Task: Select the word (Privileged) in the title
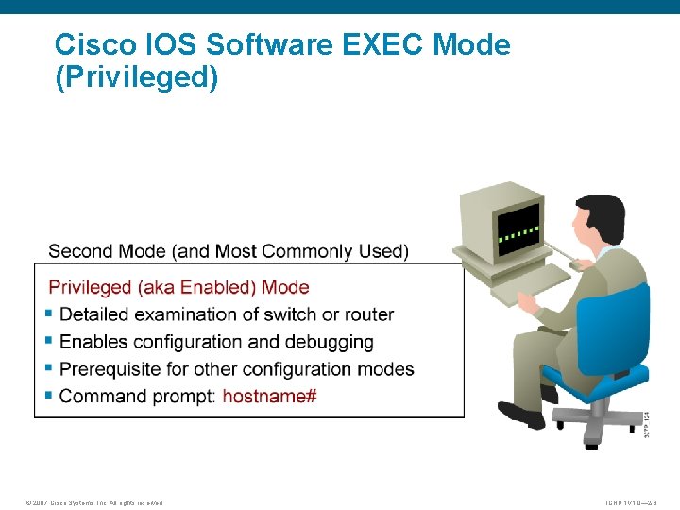(137, 78)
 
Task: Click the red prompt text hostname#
(269, 396)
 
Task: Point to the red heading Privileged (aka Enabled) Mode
(178, 287)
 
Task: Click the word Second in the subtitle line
(80, 251)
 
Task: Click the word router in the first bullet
(366, 314)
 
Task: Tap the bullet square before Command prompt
(49, 396)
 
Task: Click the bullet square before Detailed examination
(49, 314)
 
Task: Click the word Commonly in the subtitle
(302, 251)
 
